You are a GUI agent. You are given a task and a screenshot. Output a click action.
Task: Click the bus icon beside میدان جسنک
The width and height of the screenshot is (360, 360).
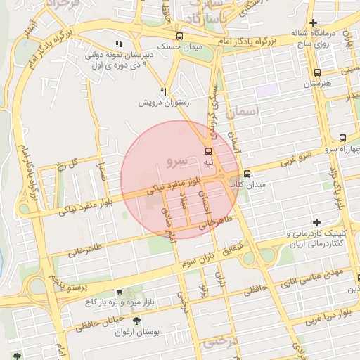180,36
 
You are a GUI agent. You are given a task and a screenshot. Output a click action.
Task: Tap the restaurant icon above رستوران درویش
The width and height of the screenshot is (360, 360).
164,91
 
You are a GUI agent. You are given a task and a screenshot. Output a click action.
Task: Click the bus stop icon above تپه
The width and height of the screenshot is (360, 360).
208,151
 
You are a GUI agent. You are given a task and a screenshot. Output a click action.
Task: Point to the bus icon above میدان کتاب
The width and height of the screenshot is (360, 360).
246,174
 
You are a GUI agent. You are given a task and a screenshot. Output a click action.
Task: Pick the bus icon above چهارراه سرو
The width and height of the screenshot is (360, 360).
342,139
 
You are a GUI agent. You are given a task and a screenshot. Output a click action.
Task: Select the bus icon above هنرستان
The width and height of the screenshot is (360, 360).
318,72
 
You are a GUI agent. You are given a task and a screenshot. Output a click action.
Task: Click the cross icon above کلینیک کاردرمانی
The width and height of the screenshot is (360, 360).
317,222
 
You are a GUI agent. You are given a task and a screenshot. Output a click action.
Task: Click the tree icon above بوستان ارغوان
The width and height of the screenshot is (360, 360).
136,319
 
